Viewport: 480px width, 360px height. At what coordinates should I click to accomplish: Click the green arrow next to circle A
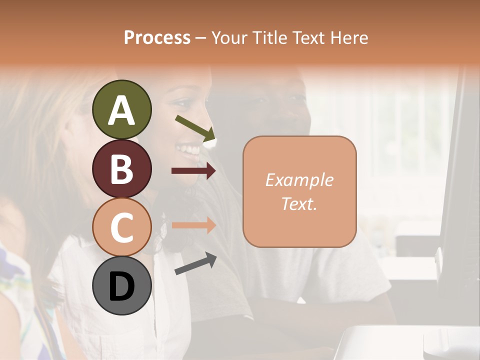[x=195, y=128]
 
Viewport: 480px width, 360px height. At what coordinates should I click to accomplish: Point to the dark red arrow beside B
[x=193, y=171]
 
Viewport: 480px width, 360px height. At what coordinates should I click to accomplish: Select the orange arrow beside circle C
[x=193, y=225]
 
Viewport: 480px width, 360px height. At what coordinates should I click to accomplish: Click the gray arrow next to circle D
[x=195, y=264]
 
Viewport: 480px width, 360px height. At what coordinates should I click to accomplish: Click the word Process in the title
[x=157, y=37]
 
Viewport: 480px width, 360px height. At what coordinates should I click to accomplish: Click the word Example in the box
[x=299, y=180]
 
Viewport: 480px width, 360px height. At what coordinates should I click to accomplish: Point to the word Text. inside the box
[x=299, y=204]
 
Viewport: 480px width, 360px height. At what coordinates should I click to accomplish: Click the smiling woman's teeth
[x=190, y=149]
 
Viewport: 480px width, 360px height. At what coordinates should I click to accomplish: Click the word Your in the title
[x=228, y=37]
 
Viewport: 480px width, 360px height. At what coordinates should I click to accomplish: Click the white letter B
[x=121, y=168]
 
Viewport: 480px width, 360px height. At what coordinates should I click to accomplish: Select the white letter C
[x=121, y=227]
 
